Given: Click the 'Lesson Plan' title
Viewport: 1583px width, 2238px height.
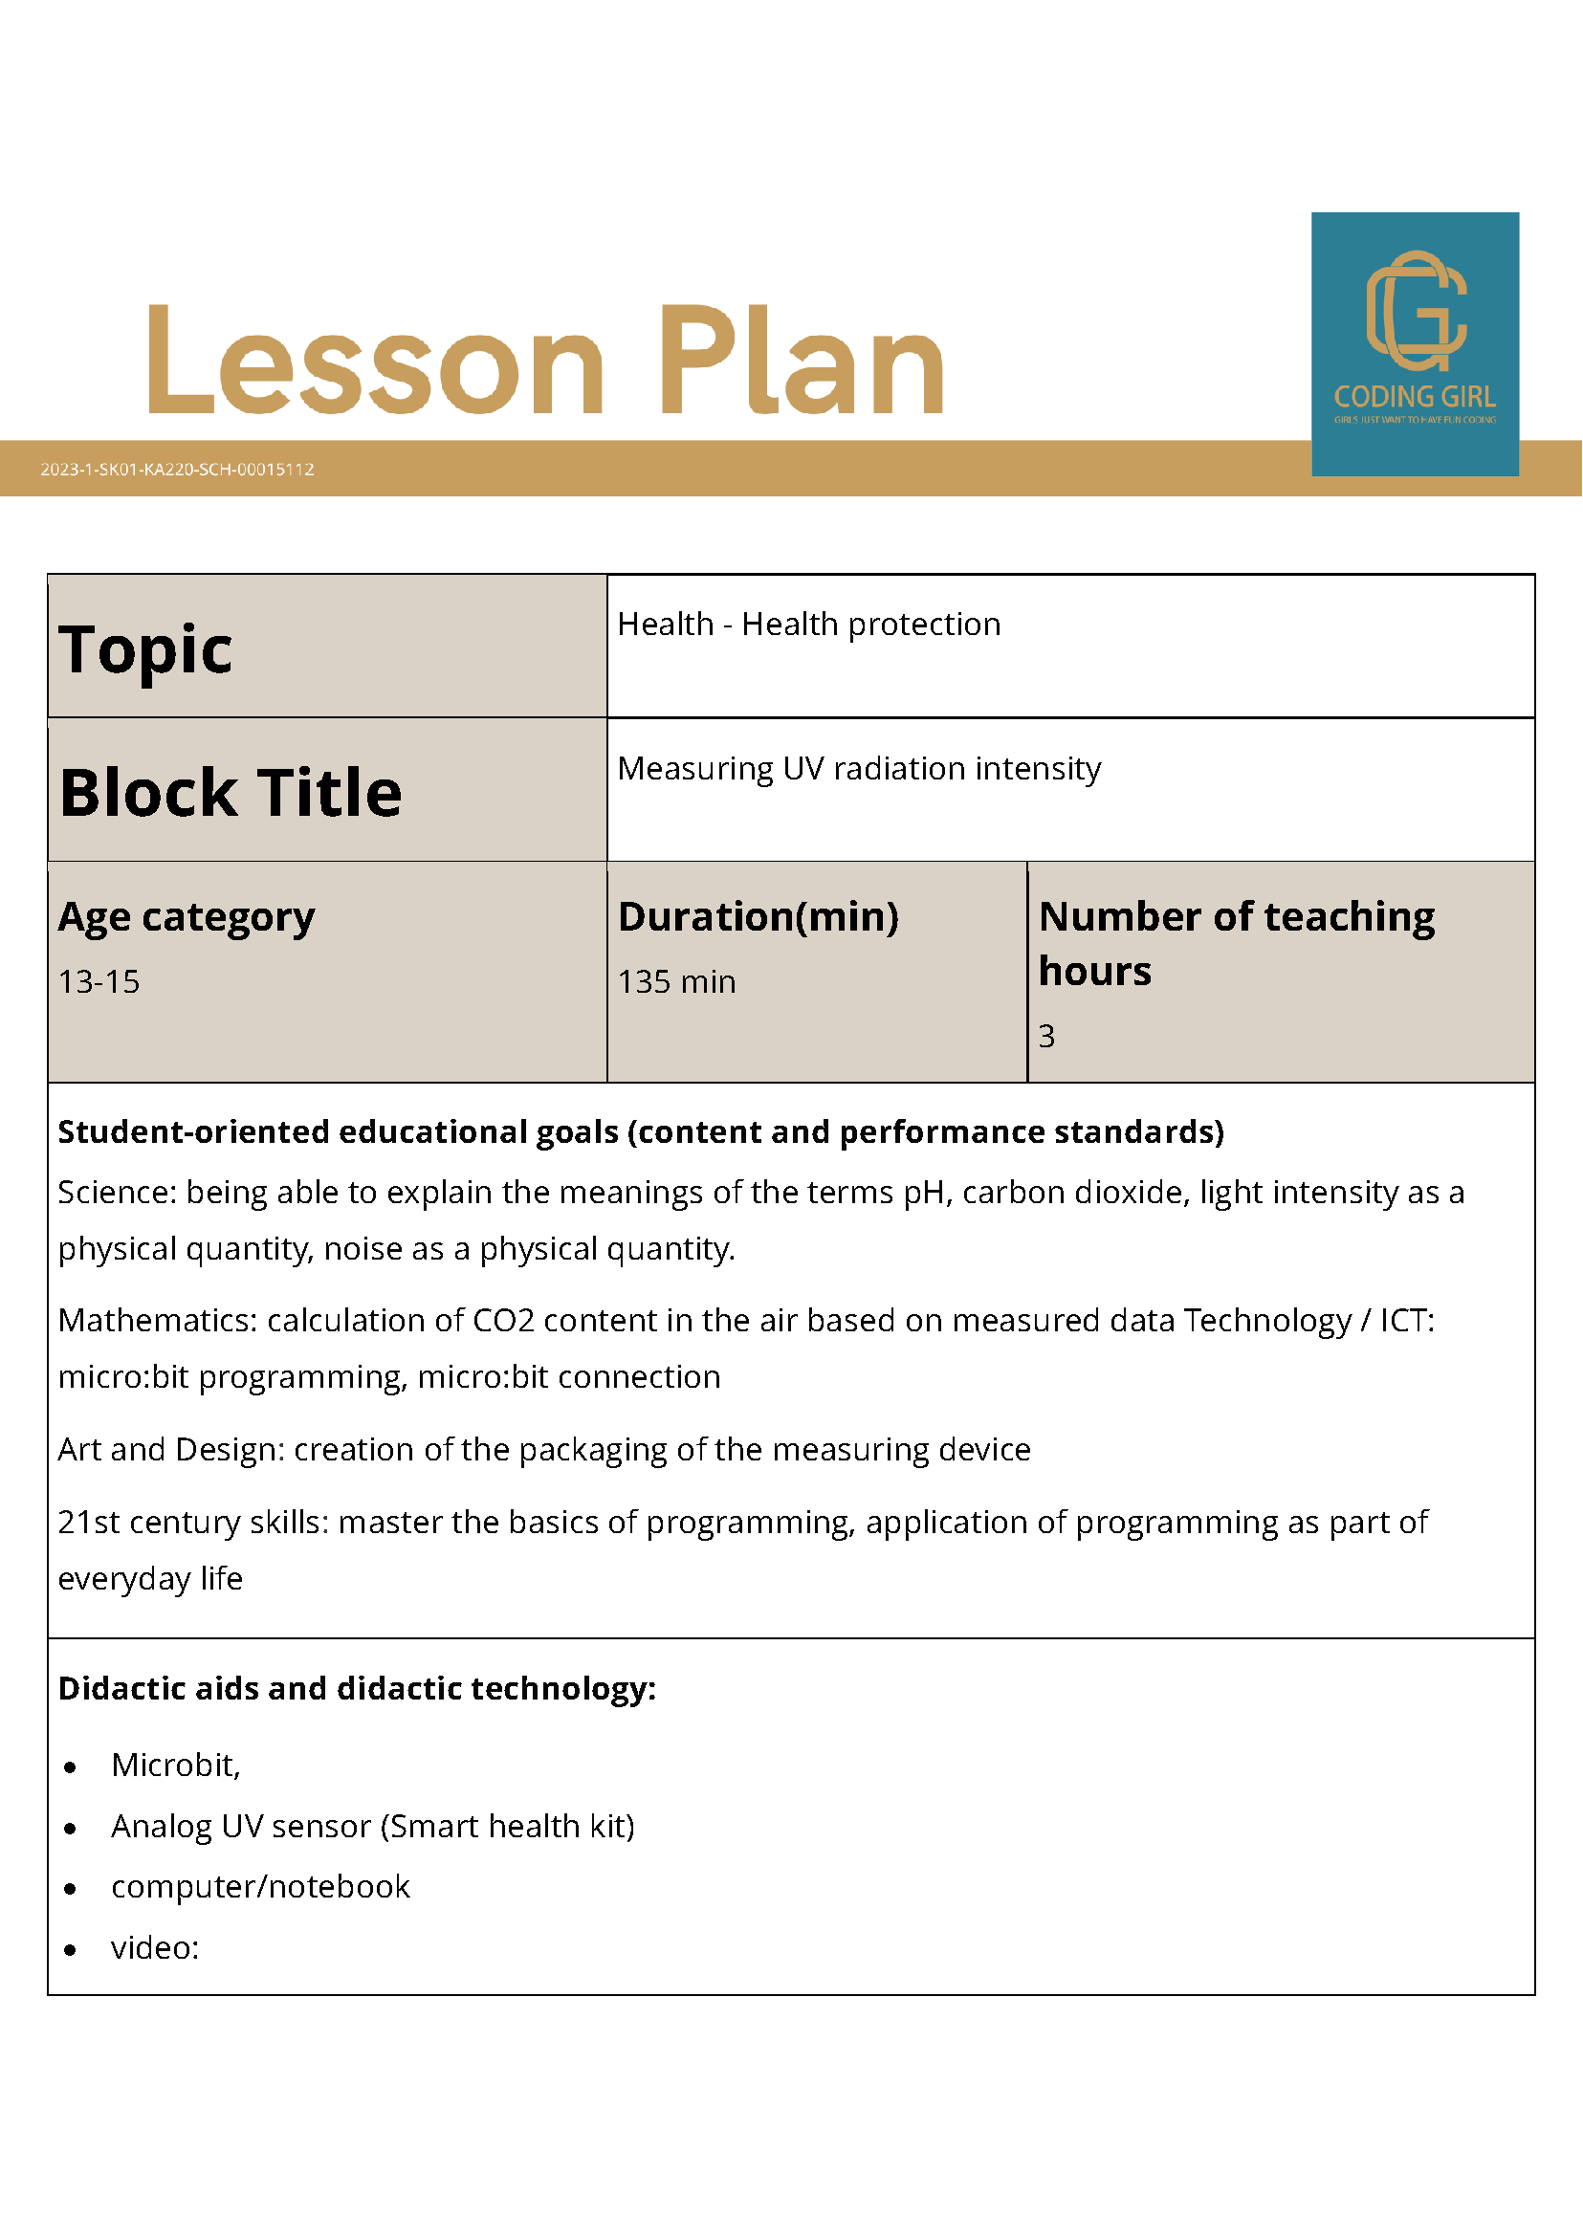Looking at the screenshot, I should coord(546,361).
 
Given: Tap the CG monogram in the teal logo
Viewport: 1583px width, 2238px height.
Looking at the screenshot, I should coord(1416,311).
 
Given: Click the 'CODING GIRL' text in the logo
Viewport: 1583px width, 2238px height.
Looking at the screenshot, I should coord(1415,397).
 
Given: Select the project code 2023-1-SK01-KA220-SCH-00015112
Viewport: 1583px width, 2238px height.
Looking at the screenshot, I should coord(177,469).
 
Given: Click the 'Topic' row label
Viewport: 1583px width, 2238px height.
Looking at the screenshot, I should coord(146,649).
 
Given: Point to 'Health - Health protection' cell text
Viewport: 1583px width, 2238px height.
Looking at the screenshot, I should coord(809,624).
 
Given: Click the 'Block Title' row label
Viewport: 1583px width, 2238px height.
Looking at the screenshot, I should coord(231,792).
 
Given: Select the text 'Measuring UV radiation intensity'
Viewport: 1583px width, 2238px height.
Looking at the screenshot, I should coord(859,768).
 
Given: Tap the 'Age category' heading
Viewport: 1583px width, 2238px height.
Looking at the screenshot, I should coord(187,916).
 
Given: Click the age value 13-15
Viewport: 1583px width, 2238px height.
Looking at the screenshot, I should coord(99,981).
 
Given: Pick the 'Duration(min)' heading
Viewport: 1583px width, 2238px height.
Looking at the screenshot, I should coord(759,916).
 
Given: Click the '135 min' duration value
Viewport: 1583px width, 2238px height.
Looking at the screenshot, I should coord(676,981).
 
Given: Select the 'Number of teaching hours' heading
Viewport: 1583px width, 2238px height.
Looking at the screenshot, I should coord(1236,943).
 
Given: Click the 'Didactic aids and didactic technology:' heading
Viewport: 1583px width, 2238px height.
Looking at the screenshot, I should coord(357,1688).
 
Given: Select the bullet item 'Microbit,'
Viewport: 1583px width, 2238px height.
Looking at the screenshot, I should coord(175,1765).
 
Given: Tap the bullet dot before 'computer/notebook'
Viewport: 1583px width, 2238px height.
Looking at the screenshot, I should coord(70,1889).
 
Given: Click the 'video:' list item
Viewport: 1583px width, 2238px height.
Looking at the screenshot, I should coord(155,1947).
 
